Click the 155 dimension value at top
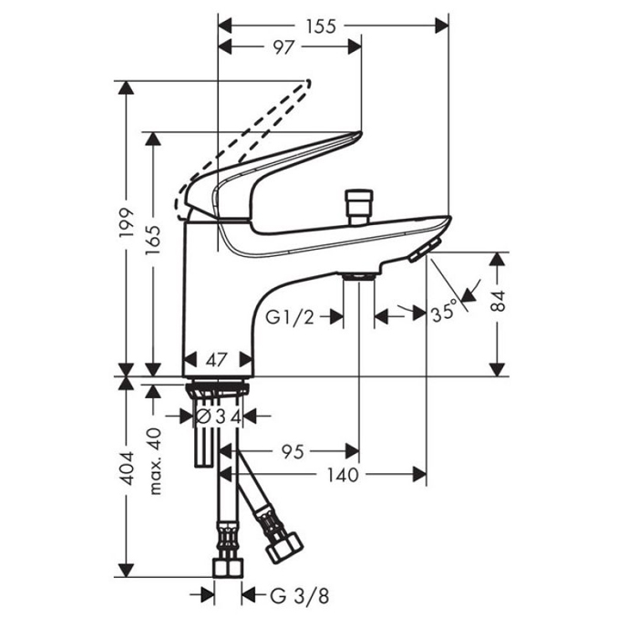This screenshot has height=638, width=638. pyautogui.click(x=321, y=26)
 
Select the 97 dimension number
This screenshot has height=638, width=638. pyautogui.click(x=283, y=47)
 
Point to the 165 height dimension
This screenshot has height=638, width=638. pyautogui.click(x=153, y=240)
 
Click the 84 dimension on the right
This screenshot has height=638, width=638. pyautogui.click(x=498, y=301)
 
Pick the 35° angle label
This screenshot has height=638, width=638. pyautogui.click(x=445, y=313)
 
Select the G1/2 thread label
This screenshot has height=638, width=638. pyautogui.click(x=290, y=317)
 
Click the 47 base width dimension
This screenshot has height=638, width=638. pyautogui.click(x=216, y=360)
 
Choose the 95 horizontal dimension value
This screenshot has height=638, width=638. pyautogui.click(x=293, y=452)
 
